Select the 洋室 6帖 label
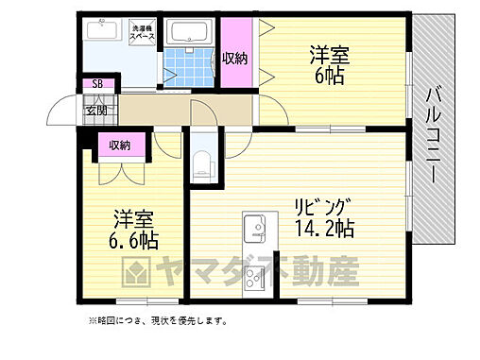tap(327, 63)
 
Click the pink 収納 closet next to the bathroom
tap(235, 58)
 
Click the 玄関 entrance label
tap(96, 110)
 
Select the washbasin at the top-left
tap(102, 31)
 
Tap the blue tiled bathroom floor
tap(190, 67)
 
